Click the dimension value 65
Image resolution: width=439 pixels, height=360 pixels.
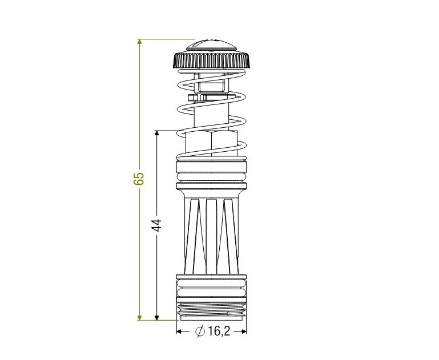[139, 179]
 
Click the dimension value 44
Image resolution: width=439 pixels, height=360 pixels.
[156, 225]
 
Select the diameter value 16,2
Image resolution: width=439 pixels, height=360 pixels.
[219, 331]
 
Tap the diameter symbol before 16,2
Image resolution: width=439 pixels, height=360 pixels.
[200, 331]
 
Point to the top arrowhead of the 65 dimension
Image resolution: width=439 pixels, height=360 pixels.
[140, 42]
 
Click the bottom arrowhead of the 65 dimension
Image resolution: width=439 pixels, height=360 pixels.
[140, 317]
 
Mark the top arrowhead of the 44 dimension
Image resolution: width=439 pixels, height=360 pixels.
[157, 133]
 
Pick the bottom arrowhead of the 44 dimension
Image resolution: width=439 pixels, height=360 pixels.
[157, 317]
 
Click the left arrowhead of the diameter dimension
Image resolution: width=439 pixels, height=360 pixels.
[179, 331]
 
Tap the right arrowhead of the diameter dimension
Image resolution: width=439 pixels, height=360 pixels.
[244, 331]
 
